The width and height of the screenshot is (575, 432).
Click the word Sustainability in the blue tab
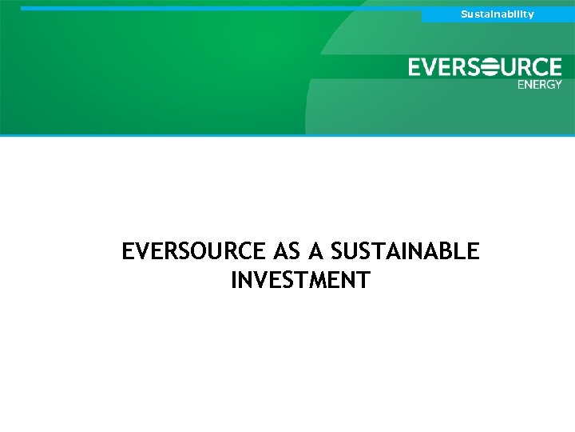pos(497,14)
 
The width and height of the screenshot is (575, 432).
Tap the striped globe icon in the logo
pos(485,67)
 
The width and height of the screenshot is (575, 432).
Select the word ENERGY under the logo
pos(540,84)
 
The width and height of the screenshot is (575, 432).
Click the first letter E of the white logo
pos(417,67)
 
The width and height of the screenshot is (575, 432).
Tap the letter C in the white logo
pos(538,67)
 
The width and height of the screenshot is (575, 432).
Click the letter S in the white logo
pos(467,67)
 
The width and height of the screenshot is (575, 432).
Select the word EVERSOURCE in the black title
pos(193,252)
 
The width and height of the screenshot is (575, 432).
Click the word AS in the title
pos(287,252)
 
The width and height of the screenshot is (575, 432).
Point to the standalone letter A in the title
pos(316,252)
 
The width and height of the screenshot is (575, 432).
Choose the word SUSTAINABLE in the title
pos(405,252)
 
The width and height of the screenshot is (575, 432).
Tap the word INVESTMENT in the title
pos(300,281)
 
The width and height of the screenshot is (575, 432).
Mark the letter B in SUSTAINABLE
pos(448,252)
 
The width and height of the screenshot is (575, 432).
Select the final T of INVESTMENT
pos(363,281)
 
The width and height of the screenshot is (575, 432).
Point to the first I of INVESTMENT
pos(234,281)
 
